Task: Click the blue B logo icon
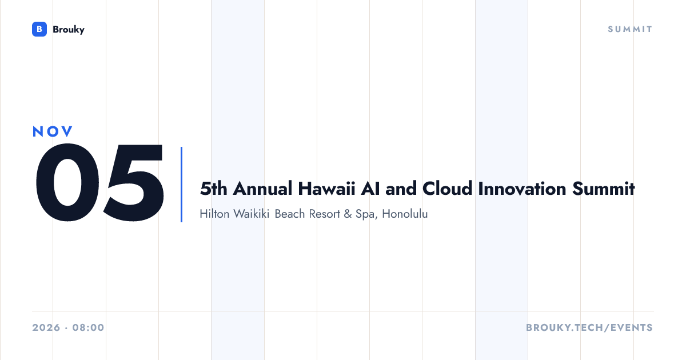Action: click(x=39, y=29)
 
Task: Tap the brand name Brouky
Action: click(x=69, y=30)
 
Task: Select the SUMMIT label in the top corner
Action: click(x=630, y=29)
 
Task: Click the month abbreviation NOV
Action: click(x=53, y=131)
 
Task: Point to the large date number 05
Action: click(x=99, y=182)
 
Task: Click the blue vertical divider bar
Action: click(x=182, y=185)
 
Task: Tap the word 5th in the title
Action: click(x=213, y=188)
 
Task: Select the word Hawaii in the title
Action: click(x=326, y=188)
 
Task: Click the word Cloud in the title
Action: click(x=447, y=188)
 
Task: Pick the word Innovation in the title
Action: click(x=522, y=188)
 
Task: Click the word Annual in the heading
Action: click(x=262, y=188)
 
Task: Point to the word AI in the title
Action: click(x=370, y=188)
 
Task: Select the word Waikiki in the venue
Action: click(x=252, y=214)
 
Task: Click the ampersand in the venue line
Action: click(x=348, y=214)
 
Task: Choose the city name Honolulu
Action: click(x=405, y=214)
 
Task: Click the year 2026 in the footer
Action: click(x=46, y=327)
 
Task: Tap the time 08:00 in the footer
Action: click(x=88, y=327)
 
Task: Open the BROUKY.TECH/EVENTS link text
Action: click(x=589, y=327)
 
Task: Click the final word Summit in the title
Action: click(x=603, y=188)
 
